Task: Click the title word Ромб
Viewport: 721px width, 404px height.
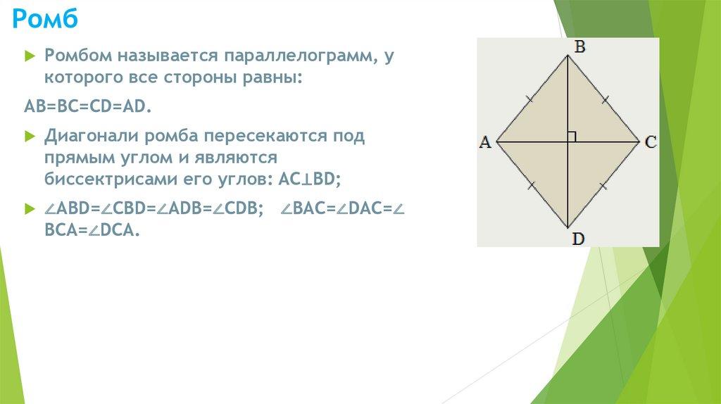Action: (x=45, y=19)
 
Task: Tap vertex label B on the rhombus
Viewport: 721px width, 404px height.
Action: (x=580, y=46)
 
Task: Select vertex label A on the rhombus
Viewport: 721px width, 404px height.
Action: (x=485, y=142)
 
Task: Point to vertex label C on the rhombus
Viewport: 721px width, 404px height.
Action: (x=650, y=142)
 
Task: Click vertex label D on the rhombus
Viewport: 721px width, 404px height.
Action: (x=578, y=239)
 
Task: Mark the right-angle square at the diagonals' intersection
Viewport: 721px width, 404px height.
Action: (x=572, y=137)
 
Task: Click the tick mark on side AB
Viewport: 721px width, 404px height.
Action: (x=530, y=99)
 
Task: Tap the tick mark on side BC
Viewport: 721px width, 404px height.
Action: (x=605, y=99)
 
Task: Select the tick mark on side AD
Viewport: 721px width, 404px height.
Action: (x=532, y=186)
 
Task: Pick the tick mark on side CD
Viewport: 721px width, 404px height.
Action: (x=603, y=186)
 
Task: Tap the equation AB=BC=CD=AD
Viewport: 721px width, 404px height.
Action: (x=87, y=106)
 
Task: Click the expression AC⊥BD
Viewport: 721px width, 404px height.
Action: (x=310, y=179)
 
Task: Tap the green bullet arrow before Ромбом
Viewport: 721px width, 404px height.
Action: (x=30, y=56)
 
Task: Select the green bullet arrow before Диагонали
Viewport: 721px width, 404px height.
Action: (x=30, y=137)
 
